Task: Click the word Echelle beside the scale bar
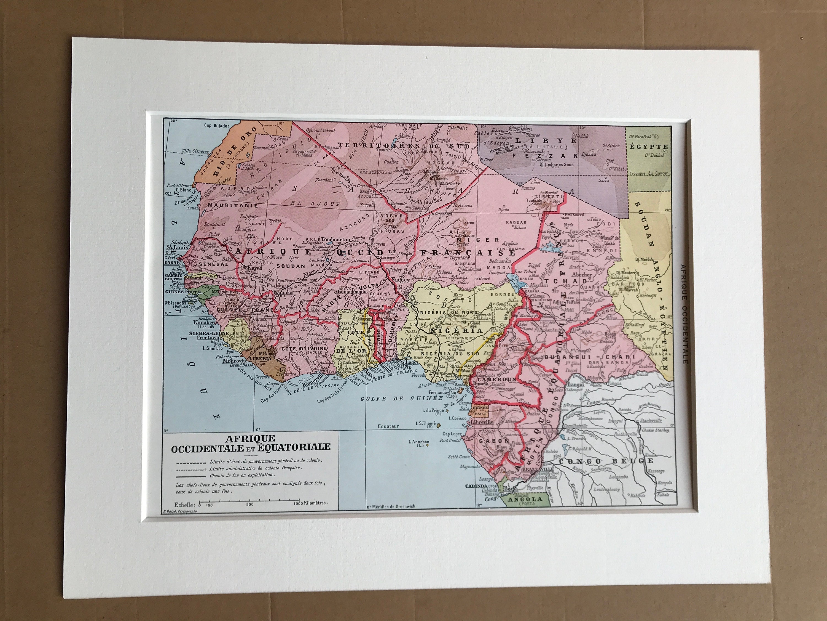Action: tap(185, 505)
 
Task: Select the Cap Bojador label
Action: tap(216, 126)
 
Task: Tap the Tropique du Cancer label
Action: tap(648, 174)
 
